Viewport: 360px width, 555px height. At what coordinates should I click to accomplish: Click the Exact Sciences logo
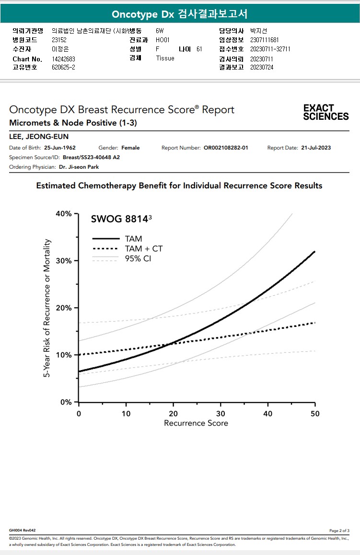tap(326, 112)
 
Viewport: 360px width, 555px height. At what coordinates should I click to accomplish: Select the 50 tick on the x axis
tap(314, 413)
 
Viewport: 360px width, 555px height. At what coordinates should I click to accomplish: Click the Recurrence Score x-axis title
tap(196, 423)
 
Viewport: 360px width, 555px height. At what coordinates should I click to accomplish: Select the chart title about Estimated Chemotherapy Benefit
tap(179, 185)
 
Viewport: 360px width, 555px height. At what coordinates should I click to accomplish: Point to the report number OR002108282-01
tap(226, 148)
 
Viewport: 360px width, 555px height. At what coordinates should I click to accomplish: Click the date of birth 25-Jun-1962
tap(60, 148)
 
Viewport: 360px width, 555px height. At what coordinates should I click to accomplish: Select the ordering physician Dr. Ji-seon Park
tap(79, 167)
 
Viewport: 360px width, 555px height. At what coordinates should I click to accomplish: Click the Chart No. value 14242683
tap(63, 59)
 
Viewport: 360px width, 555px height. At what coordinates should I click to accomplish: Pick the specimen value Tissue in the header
tap(165, 58)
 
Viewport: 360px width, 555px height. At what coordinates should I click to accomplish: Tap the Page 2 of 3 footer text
tap(339, 531)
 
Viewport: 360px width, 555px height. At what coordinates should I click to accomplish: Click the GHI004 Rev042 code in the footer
tap(22, 530)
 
